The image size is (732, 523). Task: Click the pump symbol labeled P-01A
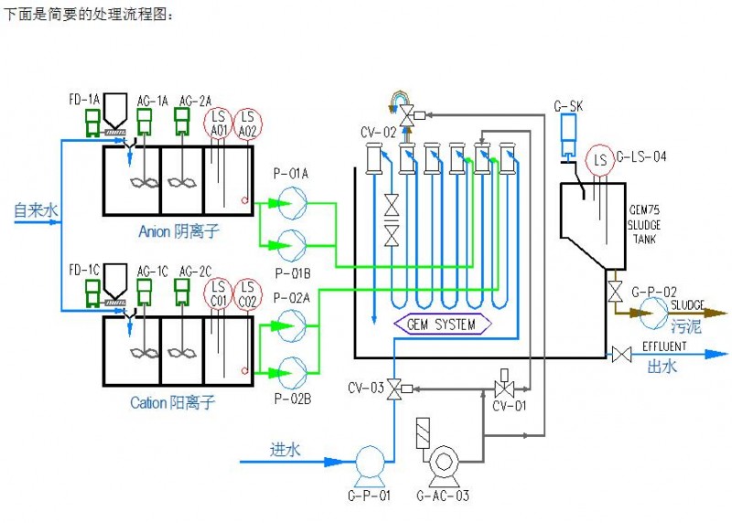click(x=292, y=200)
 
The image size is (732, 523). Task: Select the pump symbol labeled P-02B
click(x=292, y=370)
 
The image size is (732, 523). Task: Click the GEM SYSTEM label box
click(x=442, y=325)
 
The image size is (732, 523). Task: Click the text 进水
click(x=285, y=449)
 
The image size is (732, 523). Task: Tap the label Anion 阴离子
click(x=179, y=231)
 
